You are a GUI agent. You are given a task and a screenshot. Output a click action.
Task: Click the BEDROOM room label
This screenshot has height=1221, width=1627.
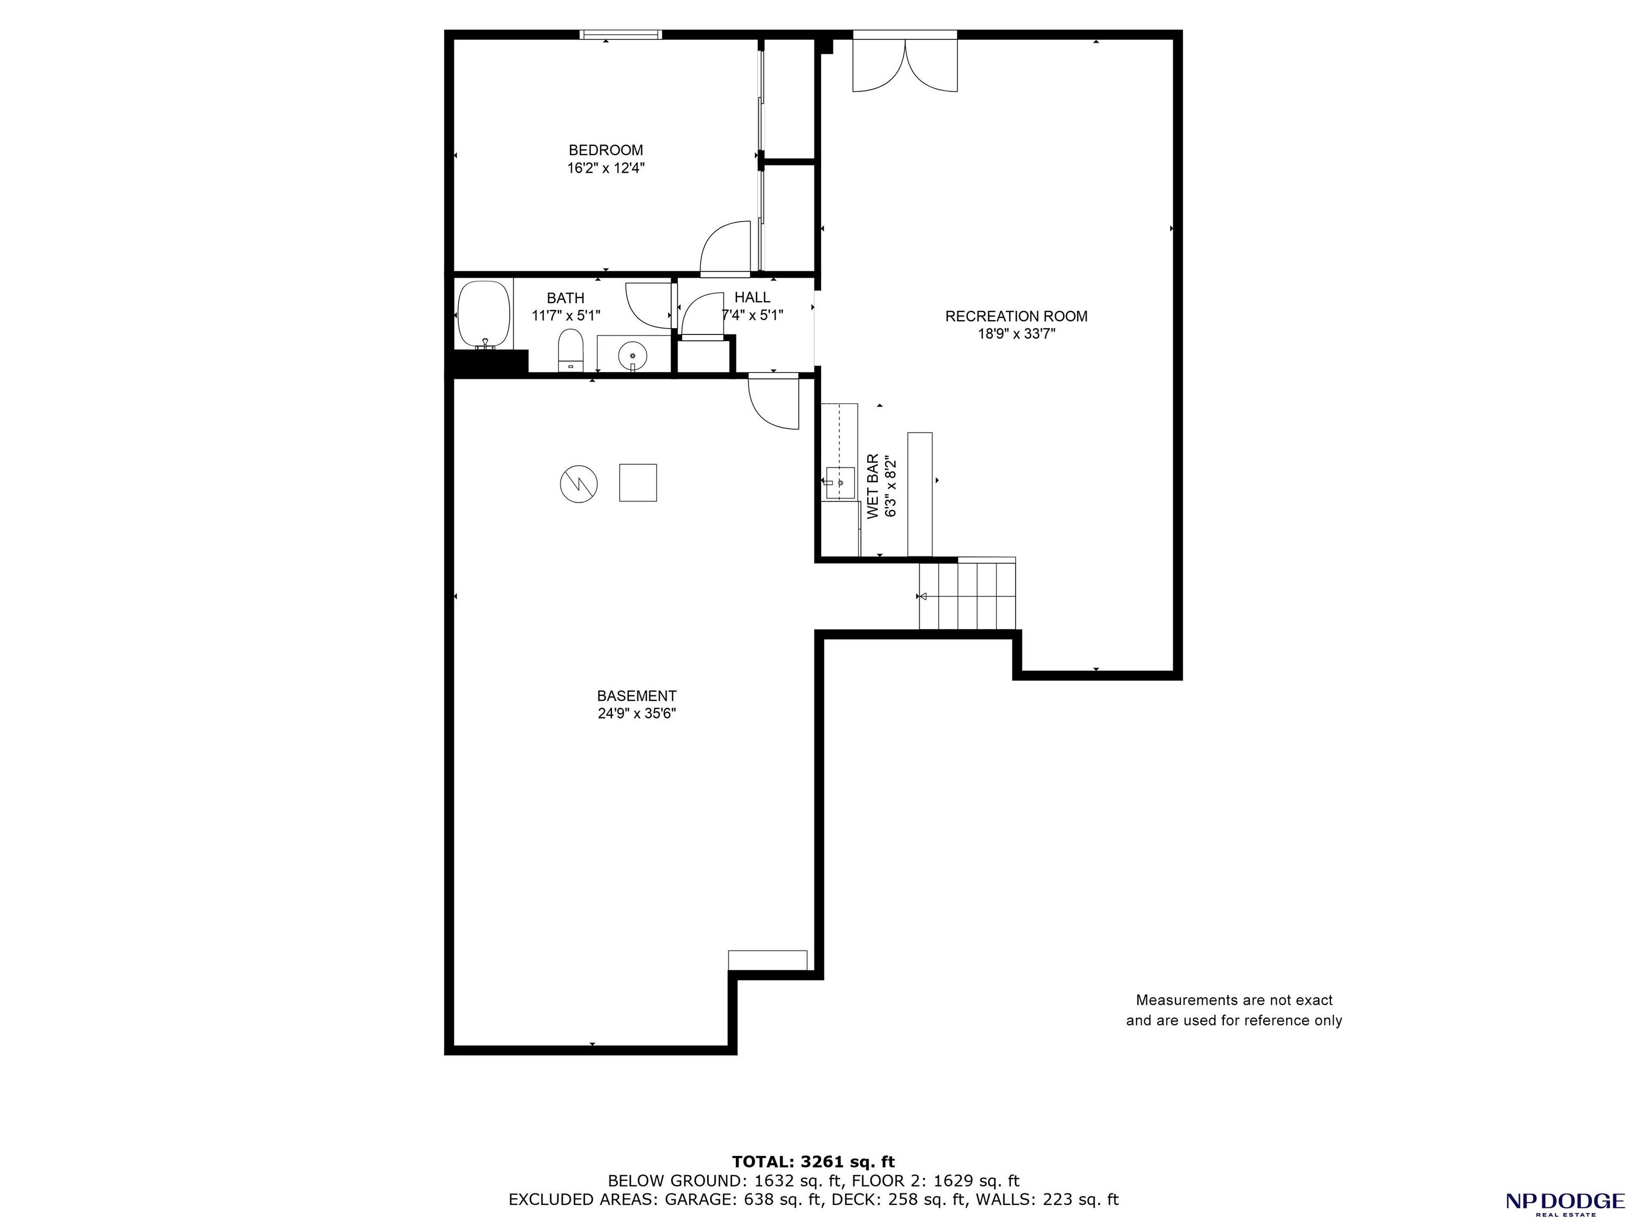click(606, 150)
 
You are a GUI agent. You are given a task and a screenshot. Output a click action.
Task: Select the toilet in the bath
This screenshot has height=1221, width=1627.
click(570, 350)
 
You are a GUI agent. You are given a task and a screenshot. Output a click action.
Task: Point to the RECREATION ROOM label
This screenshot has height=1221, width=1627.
click(1016, 316)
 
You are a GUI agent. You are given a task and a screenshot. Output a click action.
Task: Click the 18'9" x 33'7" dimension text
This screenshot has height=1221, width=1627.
click(1016, 334)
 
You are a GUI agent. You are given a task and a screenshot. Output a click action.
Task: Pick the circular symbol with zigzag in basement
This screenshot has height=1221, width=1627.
click(579, 484)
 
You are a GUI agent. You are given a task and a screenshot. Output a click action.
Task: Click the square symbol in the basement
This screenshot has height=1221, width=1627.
click(638, 482)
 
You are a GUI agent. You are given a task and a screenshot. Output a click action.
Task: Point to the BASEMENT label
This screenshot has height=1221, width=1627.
click(636, 696)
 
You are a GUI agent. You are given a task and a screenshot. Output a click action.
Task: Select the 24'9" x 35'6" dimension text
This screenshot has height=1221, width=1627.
click(636, 713)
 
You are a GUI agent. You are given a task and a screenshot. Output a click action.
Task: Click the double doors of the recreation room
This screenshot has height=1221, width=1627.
click(905, 65)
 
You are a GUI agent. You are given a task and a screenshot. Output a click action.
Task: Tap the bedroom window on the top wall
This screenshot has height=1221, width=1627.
click(621, 34)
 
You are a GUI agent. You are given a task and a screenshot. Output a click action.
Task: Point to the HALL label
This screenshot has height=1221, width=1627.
click(752, 297)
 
